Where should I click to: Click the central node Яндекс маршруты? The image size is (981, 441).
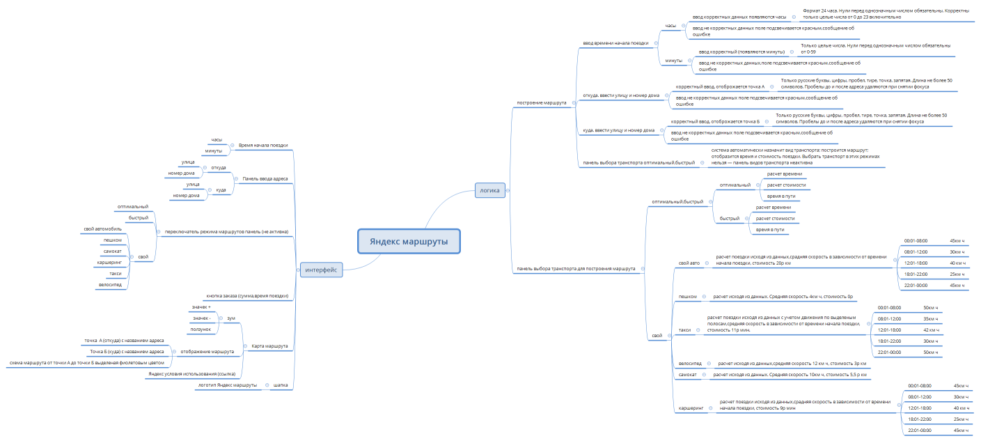pos(409,242)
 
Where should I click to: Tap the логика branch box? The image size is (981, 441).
pos(489,190)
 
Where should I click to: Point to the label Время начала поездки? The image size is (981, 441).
pos(262,146)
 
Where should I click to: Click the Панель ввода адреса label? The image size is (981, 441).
pos(265,178)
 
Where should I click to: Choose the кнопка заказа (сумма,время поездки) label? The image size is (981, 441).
pos(247,296)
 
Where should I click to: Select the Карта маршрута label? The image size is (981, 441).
pos(268,346)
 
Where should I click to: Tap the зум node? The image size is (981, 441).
pos(230,318)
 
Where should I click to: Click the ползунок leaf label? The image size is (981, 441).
pos(201,329)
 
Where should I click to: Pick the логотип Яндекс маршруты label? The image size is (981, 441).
pos(228,385)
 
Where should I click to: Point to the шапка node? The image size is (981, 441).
pos(281,385)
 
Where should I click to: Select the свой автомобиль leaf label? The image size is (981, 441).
pos(103,229)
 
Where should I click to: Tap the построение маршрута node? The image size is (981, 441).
pos(541,103)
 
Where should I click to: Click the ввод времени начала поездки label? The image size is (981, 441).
pos(615,42)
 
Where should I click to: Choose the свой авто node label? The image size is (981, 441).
pos(689,263)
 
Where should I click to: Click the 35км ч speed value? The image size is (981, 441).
pos(930,318)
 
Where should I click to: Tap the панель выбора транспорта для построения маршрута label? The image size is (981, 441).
pos(574,268)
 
